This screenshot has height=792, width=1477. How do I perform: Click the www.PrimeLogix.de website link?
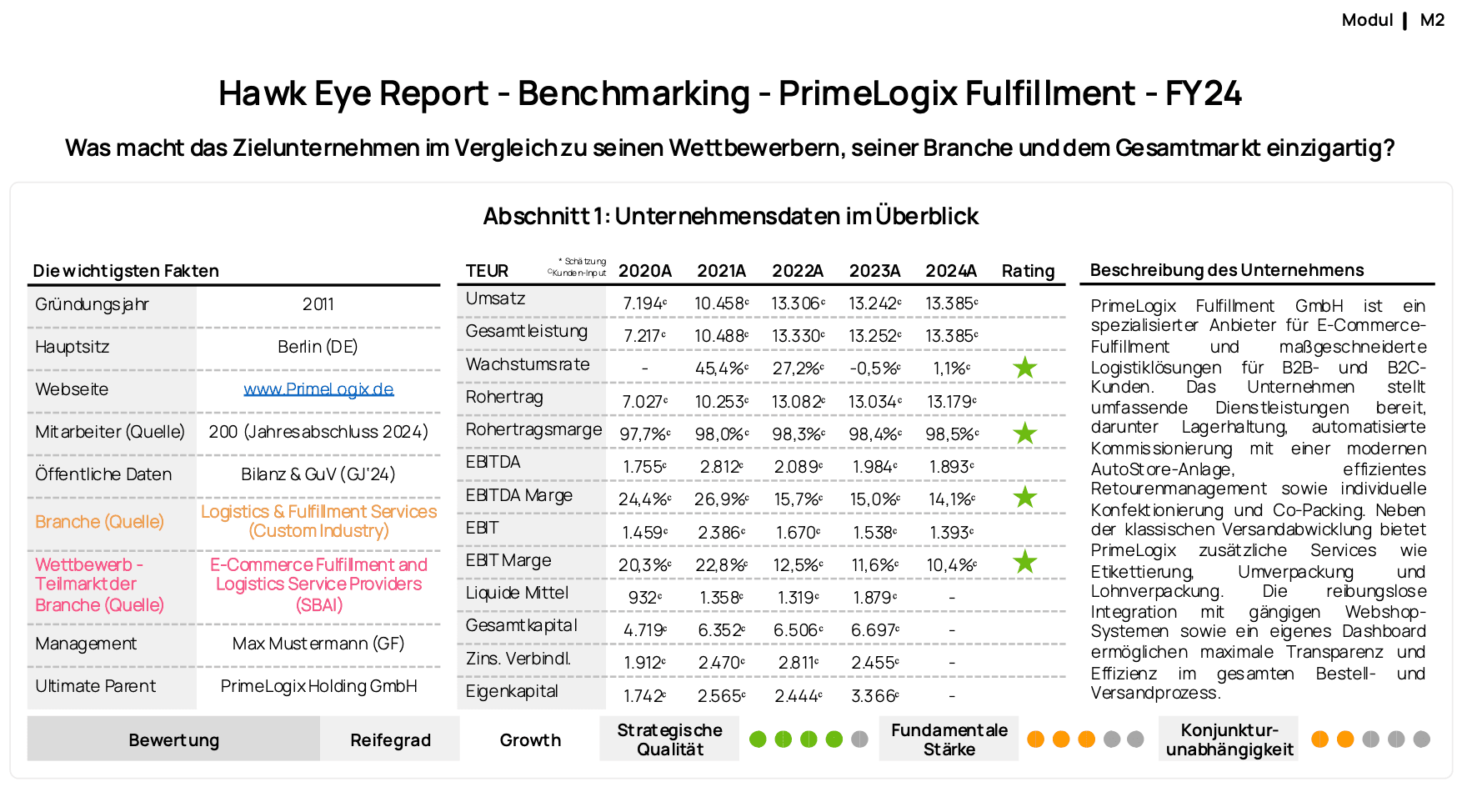pos(318,389)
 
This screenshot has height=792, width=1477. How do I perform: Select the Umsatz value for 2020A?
pos(644,303)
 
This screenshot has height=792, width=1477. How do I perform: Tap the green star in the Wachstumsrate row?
pos(1024,368)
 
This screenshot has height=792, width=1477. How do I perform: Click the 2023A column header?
pos(874,271)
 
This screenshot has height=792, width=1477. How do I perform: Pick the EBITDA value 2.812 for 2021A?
pos(721,467)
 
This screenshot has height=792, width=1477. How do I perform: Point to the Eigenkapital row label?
pos(512,691)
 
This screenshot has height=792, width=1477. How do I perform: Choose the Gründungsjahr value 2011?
pos(318,304)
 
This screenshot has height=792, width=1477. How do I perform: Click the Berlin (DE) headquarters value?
pos(318,347)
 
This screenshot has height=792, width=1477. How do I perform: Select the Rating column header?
pos(1028,271)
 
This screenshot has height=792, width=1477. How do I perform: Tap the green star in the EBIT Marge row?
pos(1024,562)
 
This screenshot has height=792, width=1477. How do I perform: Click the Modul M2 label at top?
pos(1393,20)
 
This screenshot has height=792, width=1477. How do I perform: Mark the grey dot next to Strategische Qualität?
pos(859,739)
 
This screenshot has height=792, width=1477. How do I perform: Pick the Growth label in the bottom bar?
pos(530,740)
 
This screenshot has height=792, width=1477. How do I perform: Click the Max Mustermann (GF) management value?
pos(318,644)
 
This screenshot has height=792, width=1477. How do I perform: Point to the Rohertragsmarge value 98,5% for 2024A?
pos(951,434)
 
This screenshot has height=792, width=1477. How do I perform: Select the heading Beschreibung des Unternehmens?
pos(1227,270)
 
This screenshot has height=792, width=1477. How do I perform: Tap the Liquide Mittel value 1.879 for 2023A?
pos(874,598)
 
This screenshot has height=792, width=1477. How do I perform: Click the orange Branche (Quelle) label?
pos(99,522)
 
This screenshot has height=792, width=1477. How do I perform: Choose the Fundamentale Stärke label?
pos(949,739)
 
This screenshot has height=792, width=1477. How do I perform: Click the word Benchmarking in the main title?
pos(633,93)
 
